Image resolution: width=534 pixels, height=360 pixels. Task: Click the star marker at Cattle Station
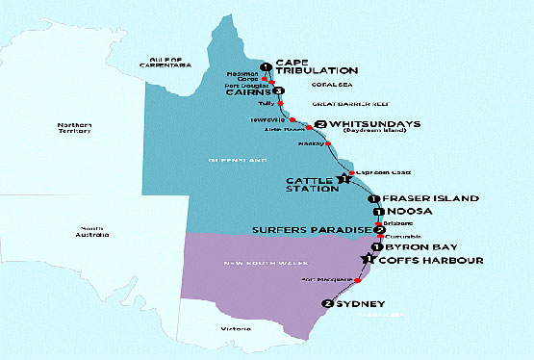click(342, 179)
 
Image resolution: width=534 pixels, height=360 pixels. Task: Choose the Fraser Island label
click(430, 197)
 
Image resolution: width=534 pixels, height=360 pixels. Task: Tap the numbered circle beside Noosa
click(379, 212)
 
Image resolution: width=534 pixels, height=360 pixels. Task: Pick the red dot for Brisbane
click(381, 224)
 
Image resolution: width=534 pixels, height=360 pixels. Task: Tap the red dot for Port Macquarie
click(358, 280)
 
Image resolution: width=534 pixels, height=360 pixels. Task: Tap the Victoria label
click(231, 327)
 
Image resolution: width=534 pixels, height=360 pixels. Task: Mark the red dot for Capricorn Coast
click(351, 173)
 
